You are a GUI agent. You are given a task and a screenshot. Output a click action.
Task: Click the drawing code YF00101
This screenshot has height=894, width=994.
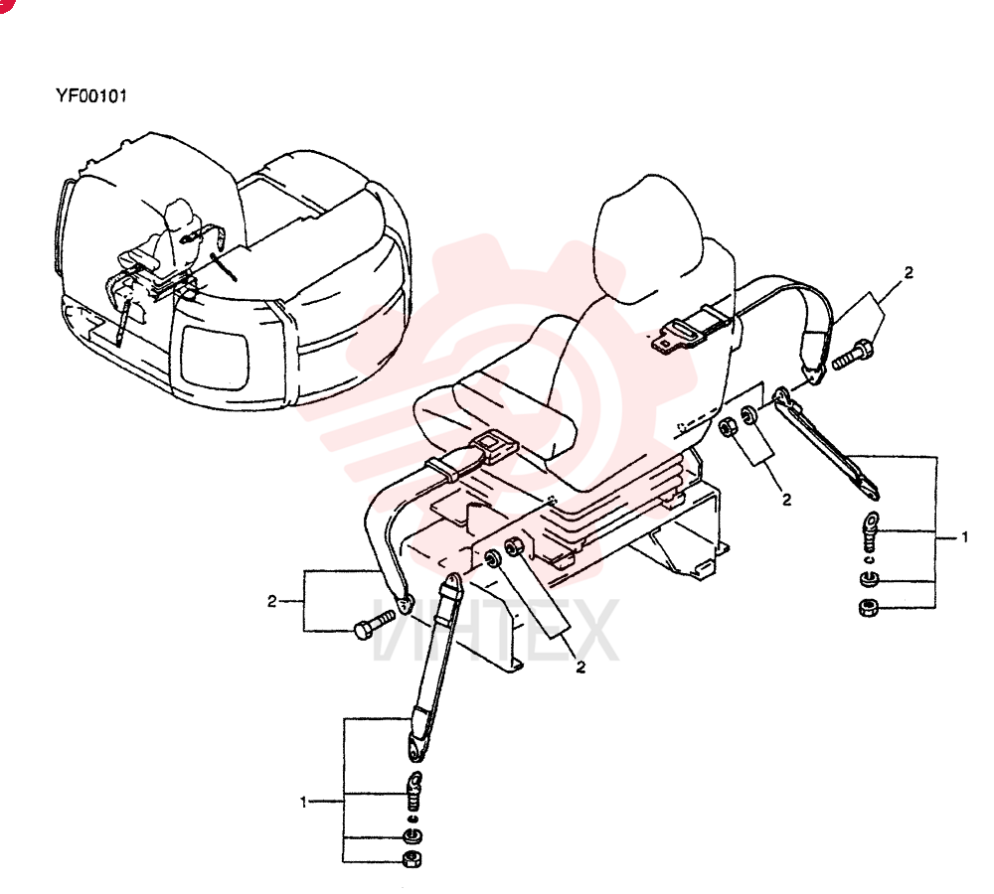91,95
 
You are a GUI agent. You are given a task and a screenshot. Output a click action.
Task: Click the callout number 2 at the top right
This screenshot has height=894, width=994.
910,272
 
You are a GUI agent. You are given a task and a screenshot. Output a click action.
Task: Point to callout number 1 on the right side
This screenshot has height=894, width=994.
964,537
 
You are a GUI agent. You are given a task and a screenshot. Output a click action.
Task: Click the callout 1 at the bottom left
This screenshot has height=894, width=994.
303,803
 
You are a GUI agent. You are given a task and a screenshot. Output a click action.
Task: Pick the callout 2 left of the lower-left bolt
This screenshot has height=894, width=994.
272,601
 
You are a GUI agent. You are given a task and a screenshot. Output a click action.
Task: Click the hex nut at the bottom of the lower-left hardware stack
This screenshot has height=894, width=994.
412,860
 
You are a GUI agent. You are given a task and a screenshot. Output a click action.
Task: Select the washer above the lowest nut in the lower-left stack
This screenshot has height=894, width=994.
414,837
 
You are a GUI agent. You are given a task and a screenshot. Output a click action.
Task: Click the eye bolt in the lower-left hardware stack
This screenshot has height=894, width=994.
414,790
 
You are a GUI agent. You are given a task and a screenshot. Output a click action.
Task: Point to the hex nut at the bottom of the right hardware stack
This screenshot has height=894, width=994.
868,608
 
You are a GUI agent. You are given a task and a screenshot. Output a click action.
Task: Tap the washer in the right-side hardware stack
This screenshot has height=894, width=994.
869,578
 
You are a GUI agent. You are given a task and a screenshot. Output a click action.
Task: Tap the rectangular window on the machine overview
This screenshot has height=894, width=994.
214,357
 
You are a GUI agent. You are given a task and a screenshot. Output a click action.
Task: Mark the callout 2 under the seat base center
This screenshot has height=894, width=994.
580,667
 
